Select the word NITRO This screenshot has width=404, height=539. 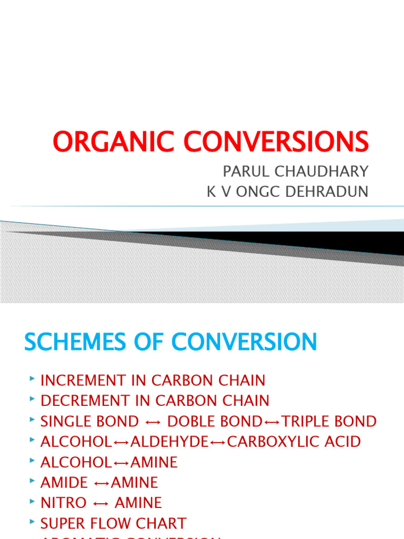[x=64, y=503]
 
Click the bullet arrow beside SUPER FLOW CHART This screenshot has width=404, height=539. [x=33, y=522]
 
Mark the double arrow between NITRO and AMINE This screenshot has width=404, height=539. [x=100, y=503]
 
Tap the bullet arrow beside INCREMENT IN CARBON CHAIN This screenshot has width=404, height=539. [x=33, y=379]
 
